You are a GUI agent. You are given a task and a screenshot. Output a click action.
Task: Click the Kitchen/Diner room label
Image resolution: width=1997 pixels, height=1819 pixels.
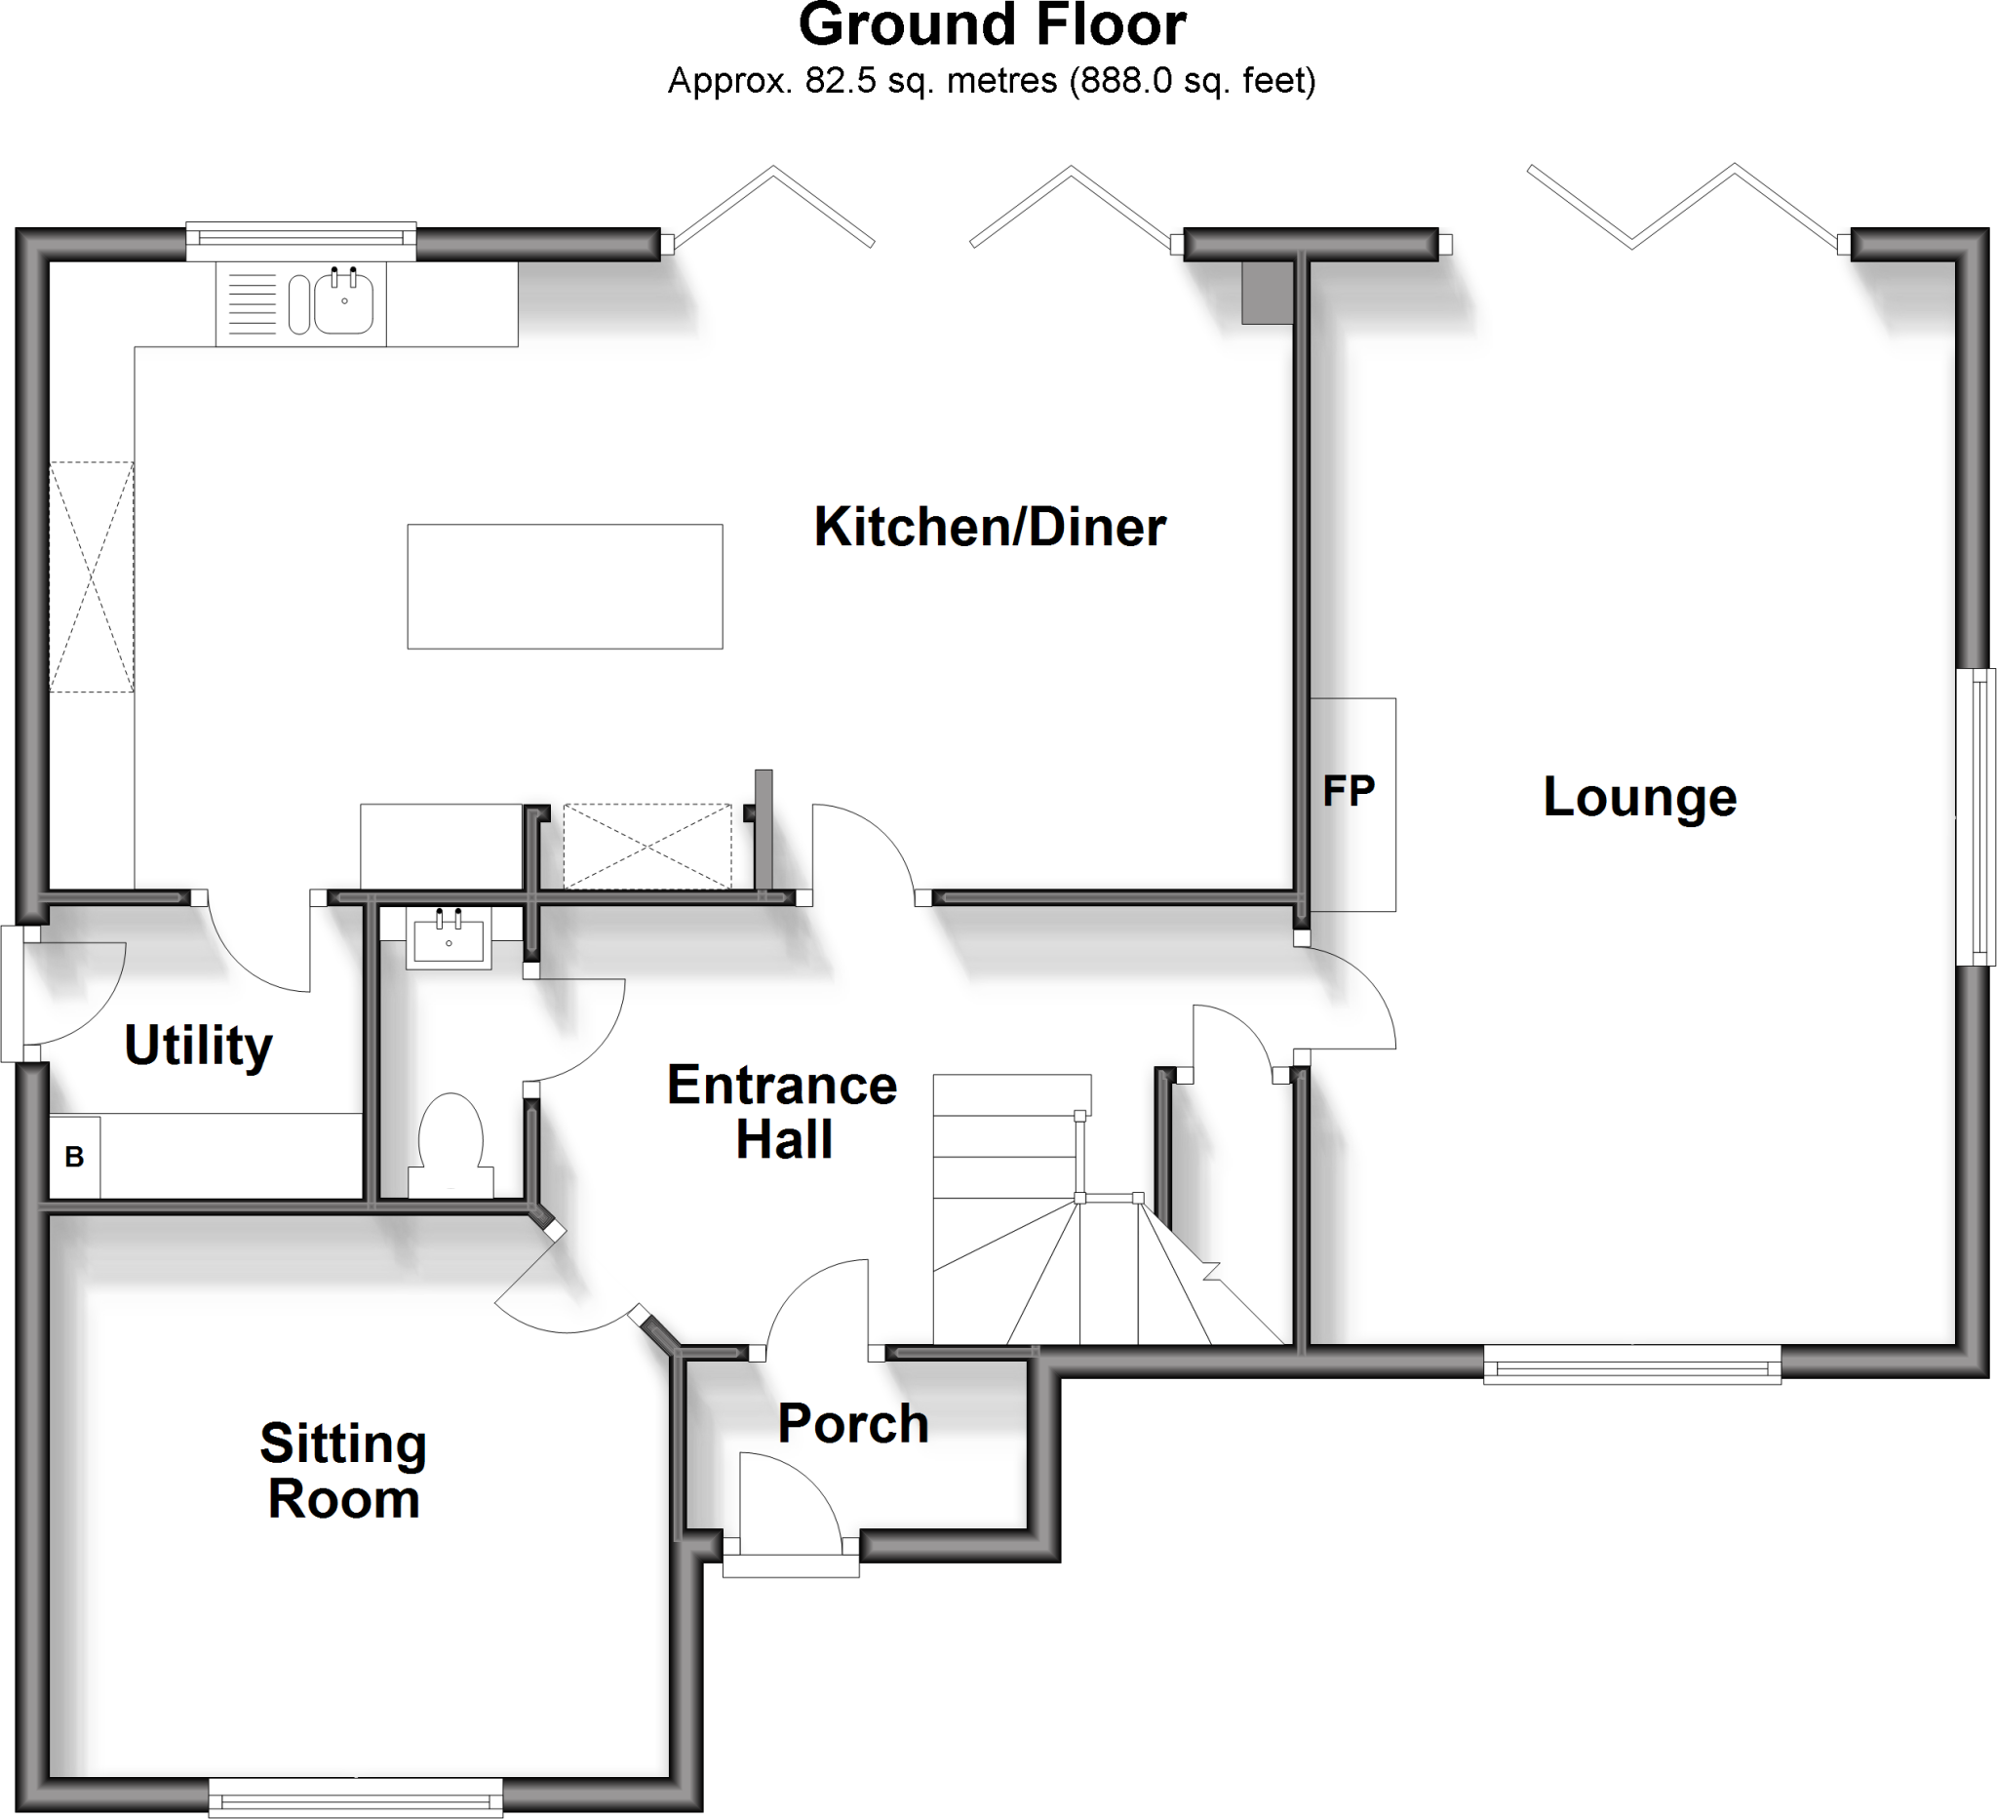[989, 527]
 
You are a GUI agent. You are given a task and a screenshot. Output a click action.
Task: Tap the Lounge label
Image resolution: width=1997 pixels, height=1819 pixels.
[1639, 797]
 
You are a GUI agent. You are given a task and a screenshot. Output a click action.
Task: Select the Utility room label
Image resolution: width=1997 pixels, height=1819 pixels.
[198, 1046]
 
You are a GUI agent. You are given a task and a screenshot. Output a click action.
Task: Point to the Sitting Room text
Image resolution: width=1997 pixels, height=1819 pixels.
[342, 1470]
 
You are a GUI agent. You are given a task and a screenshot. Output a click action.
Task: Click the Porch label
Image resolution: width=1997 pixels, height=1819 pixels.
[853, 1424]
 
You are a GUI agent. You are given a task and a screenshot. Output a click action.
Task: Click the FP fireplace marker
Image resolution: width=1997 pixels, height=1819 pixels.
[1350, 792]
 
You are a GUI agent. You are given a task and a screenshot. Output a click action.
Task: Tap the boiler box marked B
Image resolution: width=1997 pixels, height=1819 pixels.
[74, 1156]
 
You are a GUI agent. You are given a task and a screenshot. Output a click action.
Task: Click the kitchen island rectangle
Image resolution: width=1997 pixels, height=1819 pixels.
[565, 586]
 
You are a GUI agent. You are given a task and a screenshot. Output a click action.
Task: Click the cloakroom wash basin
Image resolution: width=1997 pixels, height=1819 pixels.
[449, 938]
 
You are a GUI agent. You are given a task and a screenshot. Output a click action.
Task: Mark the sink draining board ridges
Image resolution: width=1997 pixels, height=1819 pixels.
[253, 303]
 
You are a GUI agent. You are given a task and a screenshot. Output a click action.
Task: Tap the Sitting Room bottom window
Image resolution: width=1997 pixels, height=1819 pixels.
[356, 1796]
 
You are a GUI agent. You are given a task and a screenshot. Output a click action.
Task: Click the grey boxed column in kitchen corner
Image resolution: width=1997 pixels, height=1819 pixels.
[1268, 294]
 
